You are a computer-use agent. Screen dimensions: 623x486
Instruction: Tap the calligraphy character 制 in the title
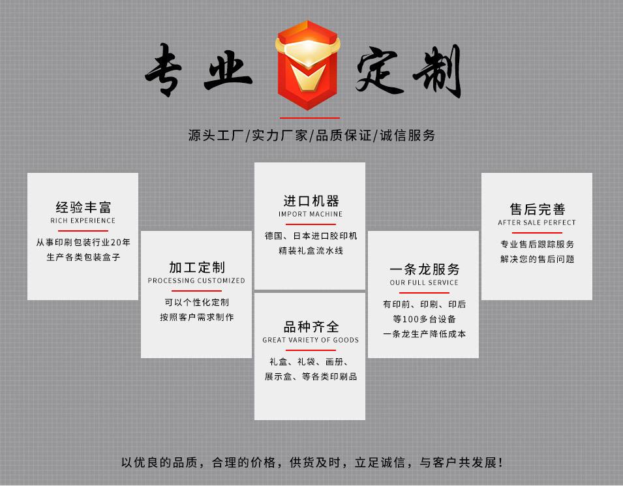(438, 72)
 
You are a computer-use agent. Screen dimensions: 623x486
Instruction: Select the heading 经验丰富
(83, 207)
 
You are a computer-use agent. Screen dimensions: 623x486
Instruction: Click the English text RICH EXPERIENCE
(83, 221)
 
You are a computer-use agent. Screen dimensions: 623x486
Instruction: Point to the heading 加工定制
(196, 267)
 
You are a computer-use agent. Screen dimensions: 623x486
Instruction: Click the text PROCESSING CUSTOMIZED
(196, 281)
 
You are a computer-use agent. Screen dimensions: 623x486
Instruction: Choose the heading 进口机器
(311, 201)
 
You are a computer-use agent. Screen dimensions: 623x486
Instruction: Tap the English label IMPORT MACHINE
(311, 215)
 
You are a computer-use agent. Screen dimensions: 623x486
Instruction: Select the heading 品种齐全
(311, 327)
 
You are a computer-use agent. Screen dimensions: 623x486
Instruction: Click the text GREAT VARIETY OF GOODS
(311, 341)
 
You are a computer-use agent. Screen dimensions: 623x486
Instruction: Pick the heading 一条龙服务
(424, 269)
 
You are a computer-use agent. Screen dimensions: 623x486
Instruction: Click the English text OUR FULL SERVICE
(424, 283)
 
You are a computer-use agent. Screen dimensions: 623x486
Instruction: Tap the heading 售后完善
(537, 209)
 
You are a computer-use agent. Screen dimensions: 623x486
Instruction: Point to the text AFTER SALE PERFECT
(537, 223)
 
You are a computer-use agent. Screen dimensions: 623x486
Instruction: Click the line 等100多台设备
(424, 320)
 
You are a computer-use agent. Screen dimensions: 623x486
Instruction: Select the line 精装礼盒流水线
(311, 251)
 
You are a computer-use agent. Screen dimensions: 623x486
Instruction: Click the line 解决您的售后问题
(537, 259)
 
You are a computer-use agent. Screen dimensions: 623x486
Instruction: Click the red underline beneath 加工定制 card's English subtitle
(196, 291)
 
